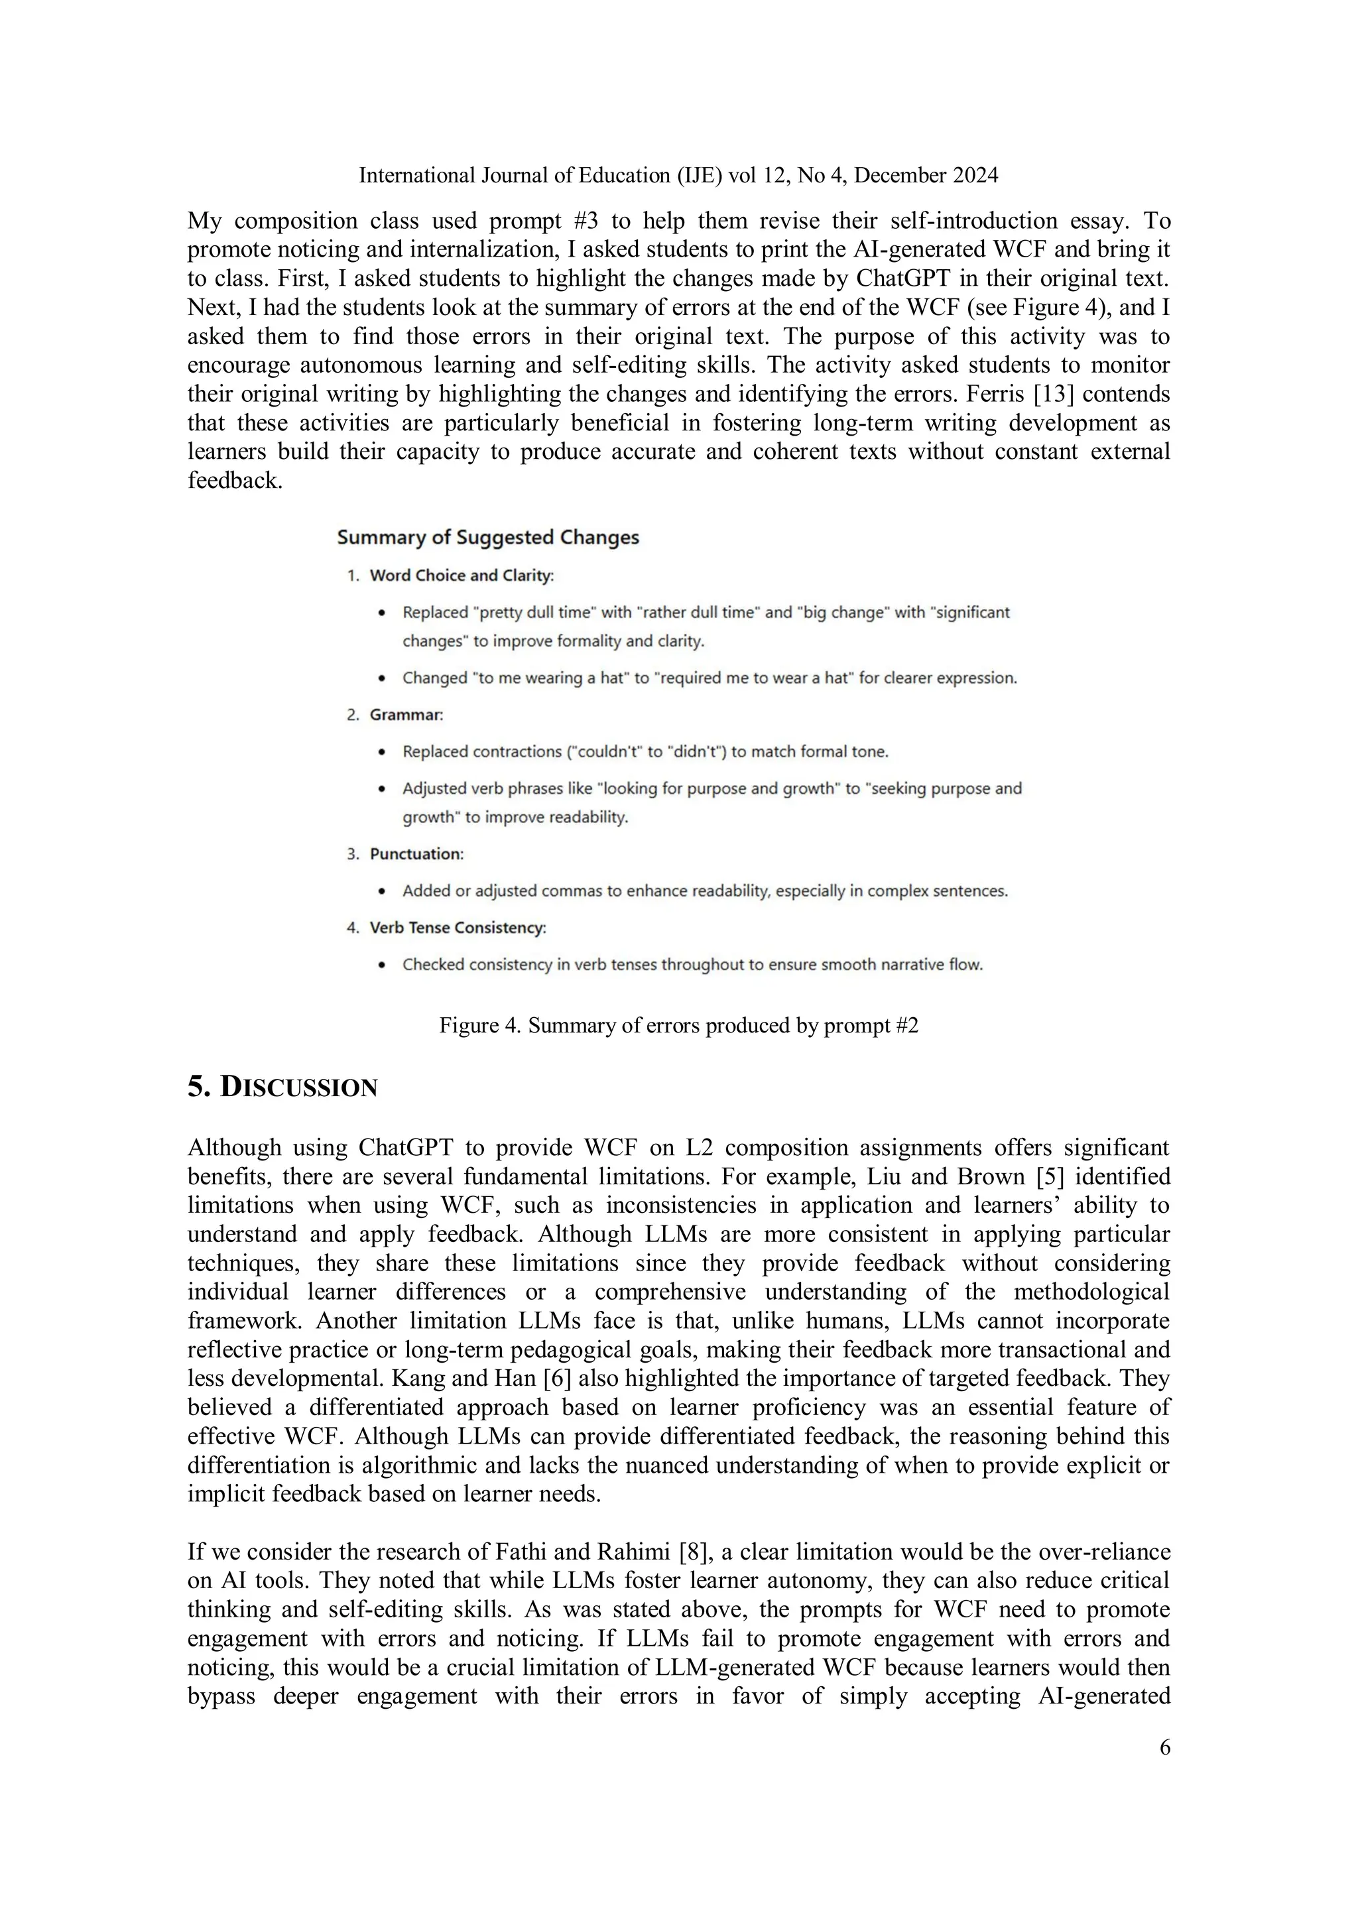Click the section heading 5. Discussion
coord(283,1087)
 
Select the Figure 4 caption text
coord(678,1025)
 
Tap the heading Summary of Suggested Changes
coord(488,537)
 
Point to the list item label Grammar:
coord(406,715)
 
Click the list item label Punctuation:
coord(416,853)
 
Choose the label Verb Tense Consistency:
coord(458,927)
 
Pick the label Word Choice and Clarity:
coord(462,575)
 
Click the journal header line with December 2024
coord(678,175)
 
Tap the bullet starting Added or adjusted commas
coord(704,891)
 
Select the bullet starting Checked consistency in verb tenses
coord(692,964)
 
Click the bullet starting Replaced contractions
coord(645,751)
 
